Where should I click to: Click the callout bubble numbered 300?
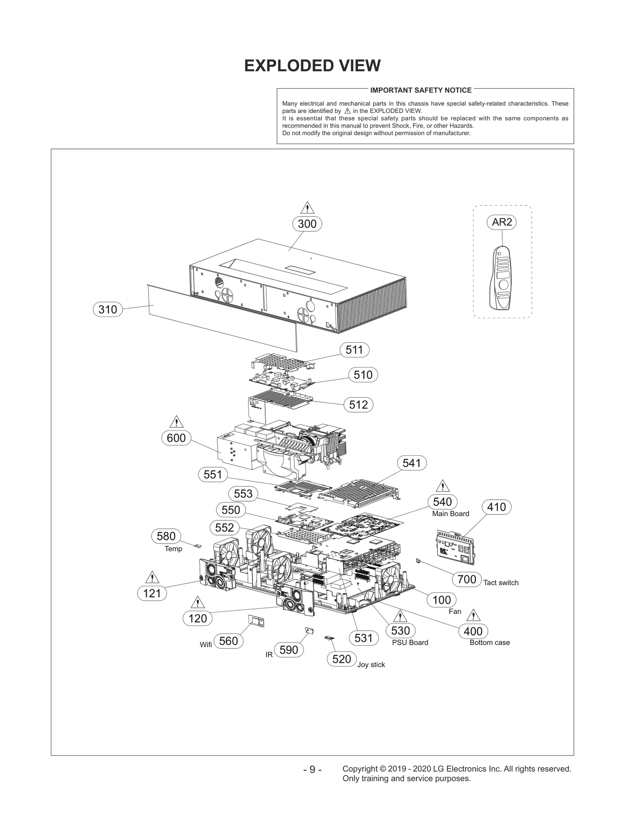pos(307,224)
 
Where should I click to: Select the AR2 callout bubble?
pos(502,222)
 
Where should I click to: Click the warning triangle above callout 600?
pos(177,422)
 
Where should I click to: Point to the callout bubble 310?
pos(108,310)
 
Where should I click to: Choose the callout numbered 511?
pos(354,350)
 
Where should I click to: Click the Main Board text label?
pos(450,514)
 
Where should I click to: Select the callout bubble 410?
pos(496,507)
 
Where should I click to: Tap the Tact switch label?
pos(501,583)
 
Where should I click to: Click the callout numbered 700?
pos(466,579)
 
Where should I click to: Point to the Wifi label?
pos(206,644)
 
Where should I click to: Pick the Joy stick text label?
pos(371,665)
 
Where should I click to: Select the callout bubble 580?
pos(166,536)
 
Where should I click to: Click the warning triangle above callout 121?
pos(152,577)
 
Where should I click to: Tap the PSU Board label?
pos(410,643)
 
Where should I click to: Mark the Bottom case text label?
pos(489,643)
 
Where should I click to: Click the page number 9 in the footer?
pos(312,769)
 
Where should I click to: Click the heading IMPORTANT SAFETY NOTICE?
pos(421,90)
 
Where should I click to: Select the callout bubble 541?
pos(412,463)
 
